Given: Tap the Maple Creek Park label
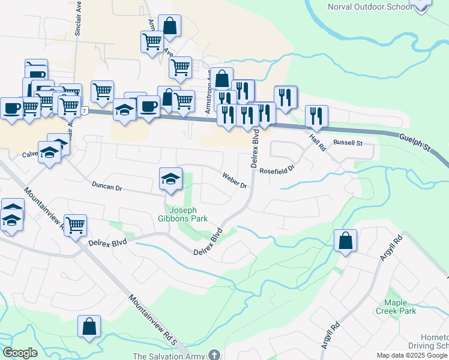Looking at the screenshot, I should click(x=396, y=307).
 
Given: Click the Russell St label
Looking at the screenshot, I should click(x=348, y=143).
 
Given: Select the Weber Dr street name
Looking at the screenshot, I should click(x=235, y=181).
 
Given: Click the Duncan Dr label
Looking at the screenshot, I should click(x=107, y=187).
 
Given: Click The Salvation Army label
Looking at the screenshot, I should click(x=169, y=356).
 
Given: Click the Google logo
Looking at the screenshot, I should click(x=20, y=353).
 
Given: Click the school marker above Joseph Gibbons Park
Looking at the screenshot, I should click(x=170, y=179).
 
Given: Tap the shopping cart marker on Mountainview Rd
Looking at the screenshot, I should click(x=76, y=226).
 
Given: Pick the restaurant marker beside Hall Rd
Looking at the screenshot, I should click(x=316, y=116).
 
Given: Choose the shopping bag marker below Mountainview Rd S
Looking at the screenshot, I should click(x=89, y=326).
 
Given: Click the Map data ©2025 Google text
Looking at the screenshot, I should click(x=412, y=355).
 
